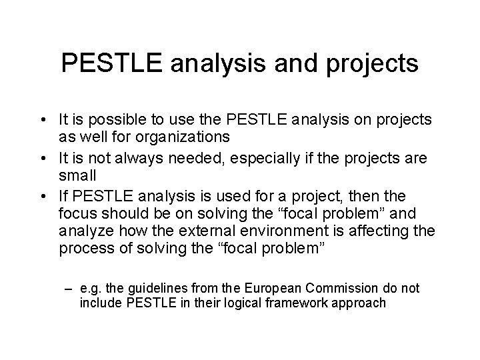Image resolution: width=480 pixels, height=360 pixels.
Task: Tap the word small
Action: (77, 177)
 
